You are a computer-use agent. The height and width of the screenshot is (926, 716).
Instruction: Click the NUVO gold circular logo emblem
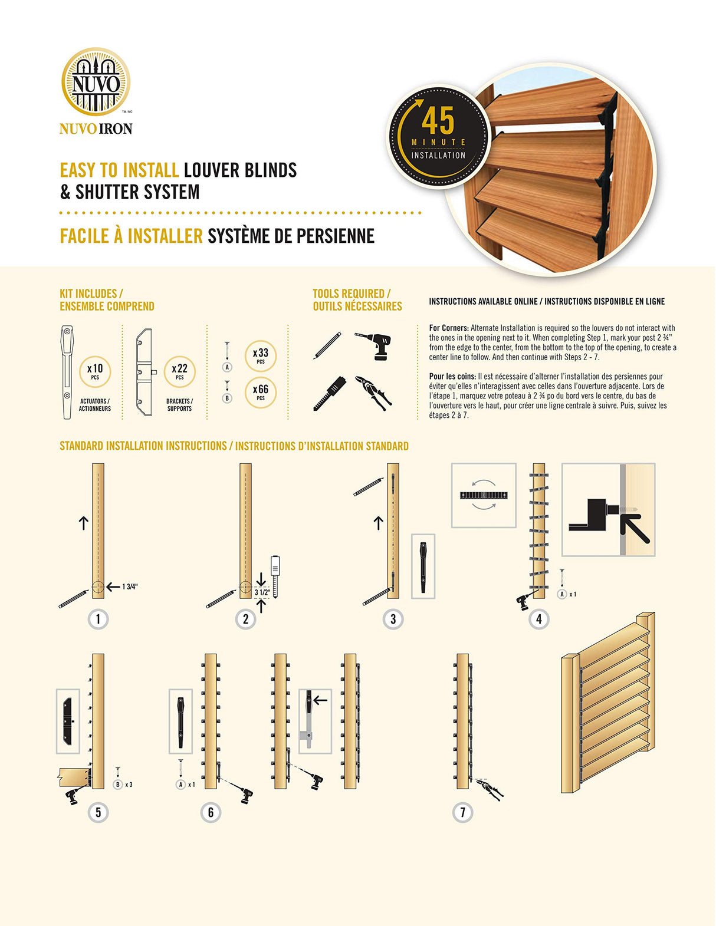pyautogui.click(x=96, y=82)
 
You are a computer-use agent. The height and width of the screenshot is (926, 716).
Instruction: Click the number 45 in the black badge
pyautogui.click(x=438, y=121)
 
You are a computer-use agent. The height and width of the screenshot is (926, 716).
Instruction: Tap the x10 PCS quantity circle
pyautogui.click(x=95, y=371)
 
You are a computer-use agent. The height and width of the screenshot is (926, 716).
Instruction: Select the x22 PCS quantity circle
pyautogui.click(x=179, y=371)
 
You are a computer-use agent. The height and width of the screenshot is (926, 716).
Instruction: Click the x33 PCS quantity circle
pyautogui.click(x=261, y=355)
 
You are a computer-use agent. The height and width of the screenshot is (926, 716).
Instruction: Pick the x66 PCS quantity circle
pyautogui.click(x=261, y=392)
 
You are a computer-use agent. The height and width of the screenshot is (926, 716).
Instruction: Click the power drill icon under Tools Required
pyautogui.click(x=375, y=345)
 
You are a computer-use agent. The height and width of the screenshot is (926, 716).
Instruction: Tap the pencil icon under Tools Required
pyautogui.click(x=327, y=346)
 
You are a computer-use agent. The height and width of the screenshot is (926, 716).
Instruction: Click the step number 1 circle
pyautogui.click(x=98, y=619)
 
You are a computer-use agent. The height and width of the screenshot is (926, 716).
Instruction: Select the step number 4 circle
pyautogui.click(x=538, y=619)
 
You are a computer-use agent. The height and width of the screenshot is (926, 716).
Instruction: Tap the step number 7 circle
pyautogui.click(x=462, y=812)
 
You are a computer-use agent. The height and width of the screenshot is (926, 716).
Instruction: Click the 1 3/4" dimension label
pyautogui.click(x=130, y=586)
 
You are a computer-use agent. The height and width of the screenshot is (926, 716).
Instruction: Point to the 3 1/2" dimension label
pyautogui.click(x=262, y=592)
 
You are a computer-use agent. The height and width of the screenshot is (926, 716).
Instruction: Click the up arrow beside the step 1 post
pyautogui.click(x=83, y=522)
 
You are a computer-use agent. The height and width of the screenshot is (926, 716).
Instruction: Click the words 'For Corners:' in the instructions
pyautogui.click(x=449, y=328)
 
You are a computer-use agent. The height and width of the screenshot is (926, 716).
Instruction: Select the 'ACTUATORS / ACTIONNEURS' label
pyautogui.click(x=95, y=405)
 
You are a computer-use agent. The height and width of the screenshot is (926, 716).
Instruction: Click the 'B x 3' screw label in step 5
pyautogui.click(x=123, y=785)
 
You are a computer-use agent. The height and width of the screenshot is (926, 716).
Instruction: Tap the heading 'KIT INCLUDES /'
pyautogui.click(x=91, y=294)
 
